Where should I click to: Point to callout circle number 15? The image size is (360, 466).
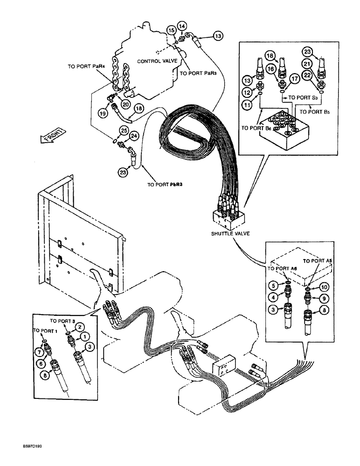point(171,31)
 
